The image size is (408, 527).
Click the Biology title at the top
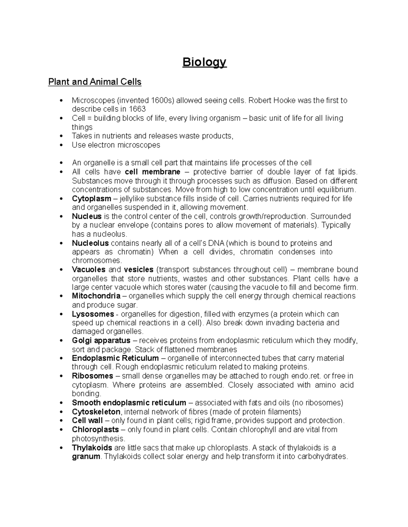(204, 62)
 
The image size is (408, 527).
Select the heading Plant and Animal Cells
(95, 82)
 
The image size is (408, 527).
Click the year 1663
(137, 109)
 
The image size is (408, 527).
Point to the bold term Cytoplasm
(91, 199)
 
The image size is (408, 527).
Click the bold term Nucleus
(87, 217)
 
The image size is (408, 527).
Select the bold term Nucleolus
(90, 243)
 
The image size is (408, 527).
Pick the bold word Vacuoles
(88, 270)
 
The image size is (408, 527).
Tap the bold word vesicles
(139, 270)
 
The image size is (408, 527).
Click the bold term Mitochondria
(96, 296)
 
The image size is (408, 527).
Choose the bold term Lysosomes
(93, 314)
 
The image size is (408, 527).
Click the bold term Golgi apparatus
(101, 340)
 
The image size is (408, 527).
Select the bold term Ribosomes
(92, 376)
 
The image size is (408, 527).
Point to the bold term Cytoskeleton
(96, 412)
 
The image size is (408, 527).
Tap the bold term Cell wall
(87, 421)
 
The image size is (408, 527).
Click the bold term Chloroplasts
(95, 430)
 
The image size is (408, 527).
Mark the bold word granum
(86, 456)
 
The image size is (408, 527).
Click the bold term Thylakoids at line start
(92, 448)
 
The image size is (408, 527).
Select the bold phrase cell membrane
(153, 172)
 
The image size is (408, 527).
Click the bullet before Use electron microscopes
(61, 145)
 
